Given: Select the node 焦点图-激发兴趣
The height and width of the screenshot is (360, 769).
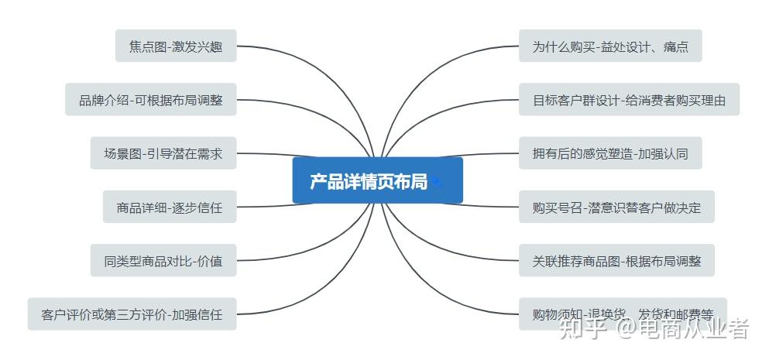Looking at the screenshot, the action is (176, 46).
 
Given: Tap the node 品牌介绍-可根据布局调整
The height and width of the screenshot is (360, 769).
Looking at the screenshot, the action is (150, 100).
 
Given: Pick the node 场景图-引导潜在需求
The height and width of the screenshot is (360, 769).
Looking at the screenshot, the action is (163, 153).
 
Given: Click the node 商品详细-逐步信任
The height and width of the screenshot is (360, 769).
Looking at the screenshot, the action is (169, 207).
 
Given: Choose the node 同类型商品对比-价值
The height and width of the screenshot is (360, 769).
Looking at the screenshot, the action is (163, 261).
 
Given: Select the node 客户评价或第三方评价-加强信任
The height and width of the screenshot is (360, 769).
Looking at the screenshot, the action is (132, 314).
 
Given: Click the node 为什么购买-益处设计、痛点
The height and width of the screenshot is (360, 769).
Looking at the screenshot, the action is (609, 46).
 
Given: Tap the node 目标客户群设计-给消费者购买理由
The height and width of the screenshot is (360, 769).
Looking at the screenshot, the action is (629, 100).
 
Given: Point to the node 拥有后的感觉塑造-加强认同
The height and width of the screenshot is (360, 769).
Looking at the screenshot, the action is (609, 153).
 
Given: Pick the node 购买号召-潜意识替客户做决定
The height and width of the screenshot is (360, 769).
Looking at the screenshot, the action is (616, 207).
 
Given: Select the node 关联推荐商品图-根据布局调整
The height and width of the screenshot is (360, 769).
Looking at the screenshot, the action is (616, 261).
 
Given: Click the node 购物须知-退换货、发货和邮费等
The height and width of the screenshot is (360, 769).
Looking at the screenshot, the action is (623, 314).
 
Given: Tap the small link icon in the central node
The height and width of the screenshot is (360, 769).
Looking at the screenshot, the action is (438, 182).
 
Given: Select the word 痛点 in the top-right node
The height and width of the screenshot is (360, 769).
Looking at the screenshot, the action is (675, 46).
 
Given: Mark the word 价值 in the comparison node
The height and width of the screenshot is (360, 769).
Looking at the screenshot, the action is (210, 261).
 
